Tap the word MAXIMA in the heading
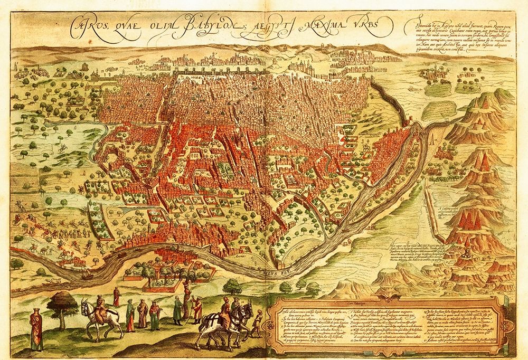click(324, 25)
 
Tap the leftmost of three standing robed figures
click(129, 314)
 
